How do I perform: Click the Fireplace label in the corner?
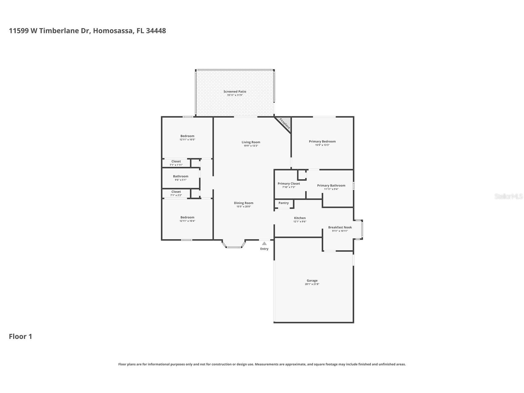285,124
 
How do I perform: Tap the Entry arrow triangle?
264,243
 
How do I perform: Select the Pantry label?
283,203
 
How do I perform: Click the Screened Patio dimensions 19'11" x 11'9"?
235,95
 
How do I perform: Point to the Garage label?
312,281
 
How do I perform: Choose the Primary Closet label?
289,184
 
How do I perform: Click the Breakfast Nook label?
340,227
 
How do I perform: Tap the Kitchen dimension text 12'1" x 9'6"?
300,222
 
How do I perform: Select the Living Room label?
251,142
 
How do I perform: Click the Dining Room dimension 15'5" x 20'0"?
244,207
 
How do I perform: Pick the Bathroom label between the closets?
181,176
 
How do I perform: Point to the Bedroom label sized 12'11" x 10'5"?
187,136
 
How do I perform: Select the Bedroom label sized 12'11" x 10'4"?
187,217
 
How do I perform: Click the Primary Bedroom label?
322,142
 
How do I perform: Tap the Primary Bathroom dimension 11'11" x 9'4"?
331,189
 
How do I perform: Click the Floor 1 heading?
20,336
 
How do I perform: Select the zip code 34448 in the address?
156,31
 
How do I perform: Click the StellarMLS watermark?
508,196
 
